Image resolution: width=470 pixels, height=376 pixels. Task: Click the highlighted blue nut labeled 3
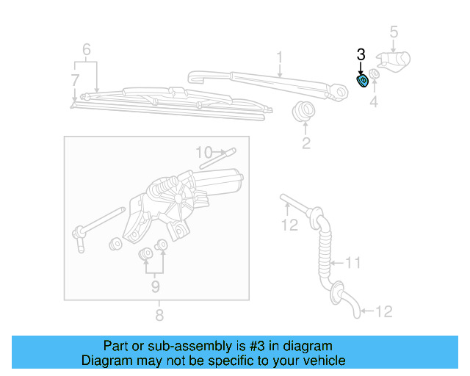[x=362, y=80]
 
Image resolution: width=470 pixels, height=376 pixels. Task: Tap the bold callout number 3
[x=361, y=54]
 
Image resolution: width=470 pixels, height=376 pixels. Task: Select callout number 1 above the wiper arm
[x=280, y=57]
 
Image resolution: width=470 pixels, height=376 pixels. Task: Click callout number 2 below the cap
[x=305, y=143]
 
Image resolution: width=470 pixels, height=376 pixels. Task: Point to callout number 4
[x=374, y=103]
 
